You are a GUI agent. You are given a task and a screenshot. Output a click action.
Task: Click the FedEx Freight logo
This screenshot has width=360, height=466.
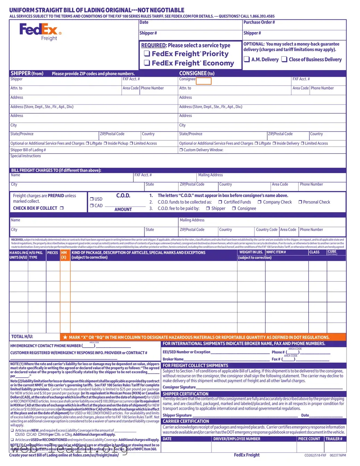point(40,32)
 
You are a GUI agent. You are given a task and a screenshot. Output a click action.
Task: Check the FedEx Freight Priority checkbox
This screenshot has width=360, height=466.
point(147,53)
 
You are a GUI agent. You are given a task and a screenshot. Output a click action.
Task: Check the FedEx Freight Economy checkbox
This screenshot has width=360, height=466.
point(147,63)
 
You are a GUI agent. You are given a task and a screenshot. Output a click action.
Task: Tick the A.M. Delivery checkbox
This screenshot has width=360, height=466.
point(247,59)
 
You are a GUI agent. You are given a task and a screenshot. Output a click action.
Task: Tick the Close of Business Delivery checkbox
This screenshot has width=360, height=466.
point(284,59)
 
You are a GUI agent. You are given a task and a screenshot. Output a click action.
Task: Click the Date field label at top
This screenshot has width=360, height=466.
point(144,22)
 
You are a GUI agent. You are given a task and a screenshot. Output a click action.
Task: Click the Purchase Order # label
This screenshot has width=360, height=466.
point(259,22)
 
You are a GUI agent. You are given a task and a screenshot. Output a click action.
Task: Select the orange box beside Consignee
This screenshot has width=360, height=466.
point(204,81)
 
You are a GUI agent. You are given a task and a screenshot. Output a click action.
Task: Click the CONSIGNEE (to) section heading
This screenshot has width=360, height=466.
point(196,73)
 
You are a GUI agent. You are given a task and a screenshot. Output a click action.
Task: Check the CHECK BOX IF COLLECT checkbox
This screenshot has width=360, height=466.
point(62,208)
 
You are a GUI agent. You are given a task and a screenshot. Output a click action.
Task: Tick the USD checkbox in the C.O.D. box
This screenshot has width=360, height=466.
point(92,199)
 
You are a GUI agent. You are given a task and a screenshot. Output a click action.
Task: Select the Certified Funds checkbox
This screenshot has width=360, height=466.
point(220,202)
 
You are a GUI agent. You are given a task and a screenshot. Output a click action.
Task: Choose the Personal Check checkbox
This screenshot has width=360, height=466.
point(300,202)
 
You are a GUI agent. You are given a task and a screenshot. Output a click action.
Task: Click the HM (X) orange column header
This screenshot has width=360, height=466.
point(64,255)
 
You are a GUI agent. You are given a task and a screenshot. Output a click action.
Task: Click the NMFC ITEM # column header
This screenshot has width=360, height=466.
point(276,252)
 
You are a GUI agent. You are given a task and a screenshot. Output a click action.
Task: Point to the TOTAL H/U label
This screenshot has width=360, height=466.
point(22,336)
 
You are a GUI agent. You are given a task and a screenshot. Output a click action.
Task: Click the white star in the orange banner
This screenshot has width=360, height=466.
point(65,337)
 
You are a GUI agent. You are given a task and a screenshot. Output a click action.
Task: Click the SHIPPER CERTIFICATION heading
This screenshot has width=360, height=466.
point(185,394)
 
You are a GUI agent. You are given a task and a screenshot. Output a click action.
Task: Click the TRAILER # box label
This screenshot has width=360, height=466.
point(334,439)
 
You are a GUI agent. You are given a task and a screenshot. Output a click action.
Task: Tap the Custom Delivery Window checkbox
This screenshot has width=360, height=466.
point(181,150)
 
